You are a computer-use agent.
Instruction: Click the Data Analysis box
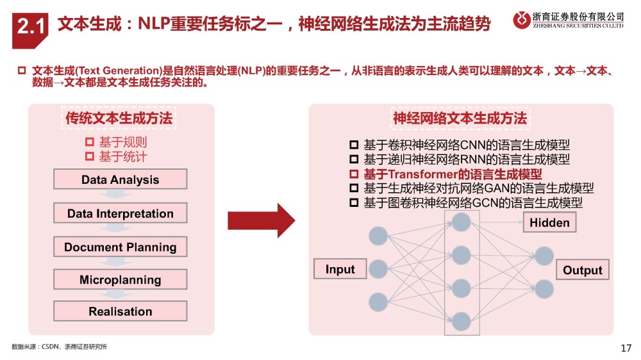(120, 179)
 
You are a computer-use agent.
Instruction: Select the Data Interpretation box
(120, 213)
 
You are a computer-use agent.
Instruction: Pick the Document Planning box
(120, 247)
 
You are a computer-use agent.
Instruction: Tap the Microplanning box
(120, 280)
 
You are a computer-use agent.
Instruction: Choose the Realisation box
(120, 312)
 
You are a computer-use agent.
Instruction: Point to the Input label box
(340, 269)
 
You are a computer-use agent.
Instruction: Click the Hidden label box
(549, 222)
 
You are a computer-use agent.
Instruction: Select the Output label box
(582, 270)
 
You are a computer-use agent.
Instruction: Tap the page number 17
(626, 348)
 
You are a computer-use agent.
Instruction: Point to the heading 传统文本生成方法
(119, 119)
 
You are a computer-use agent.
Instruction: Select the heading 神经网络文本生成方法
(460, 119)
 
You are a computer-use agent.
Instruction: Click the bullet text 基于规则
(122, 142)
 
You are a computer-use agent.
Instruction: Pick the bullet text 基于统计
(122, 156)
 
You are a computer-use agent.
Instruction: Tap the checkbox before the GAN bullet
(353, 188)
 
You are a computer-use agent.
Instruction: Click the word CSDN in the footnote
(49, 347)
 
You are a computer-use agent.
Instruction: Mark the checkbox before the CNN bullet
(353, 145)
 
